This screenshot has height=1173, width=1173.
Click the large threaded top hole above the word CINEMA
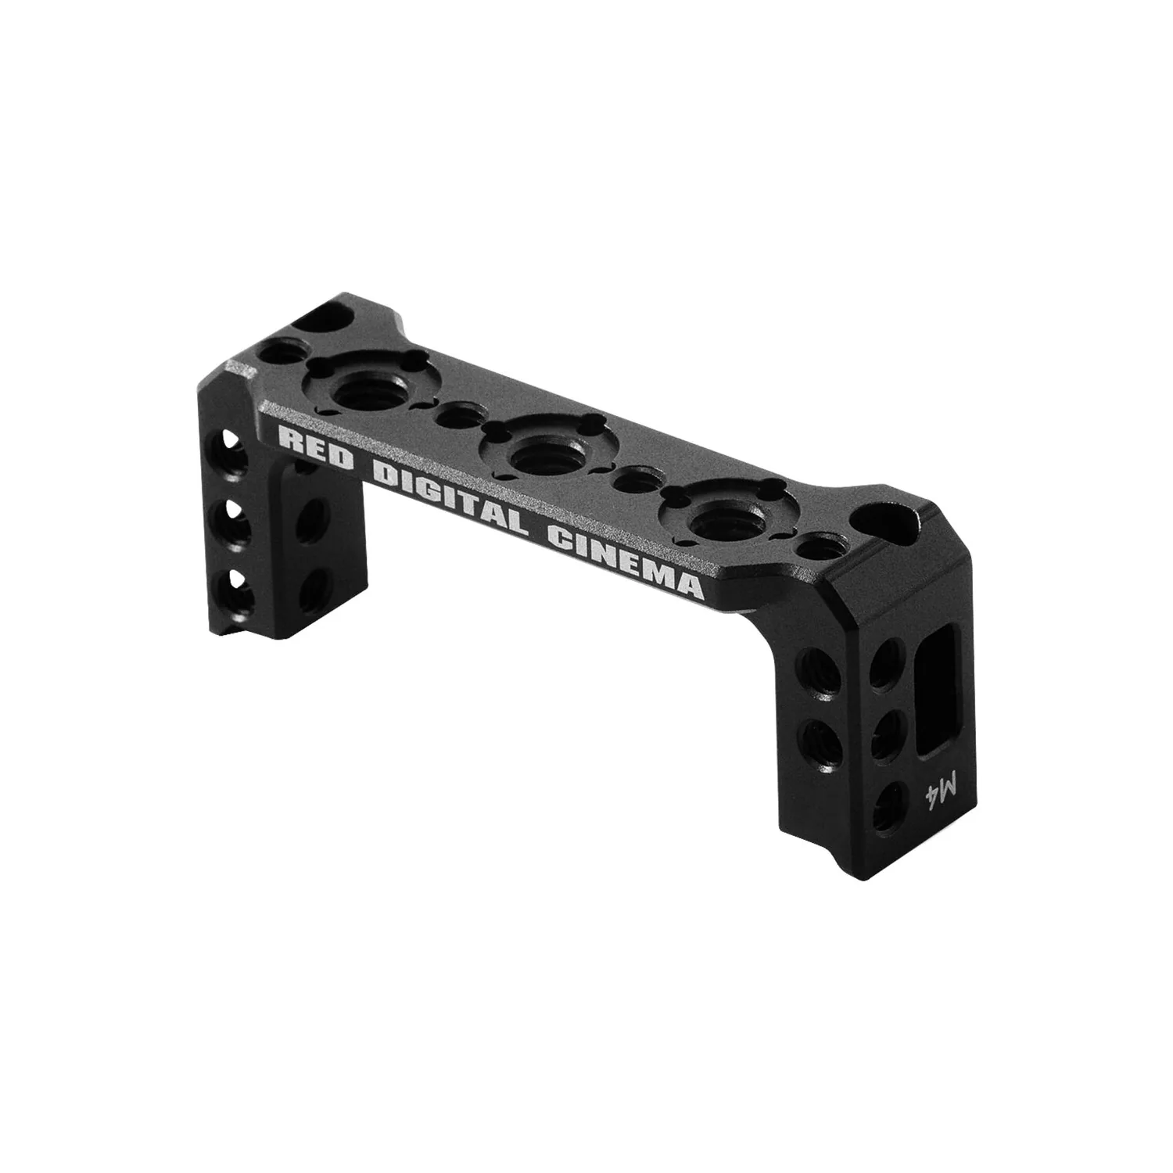click(x=712, y=518)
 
